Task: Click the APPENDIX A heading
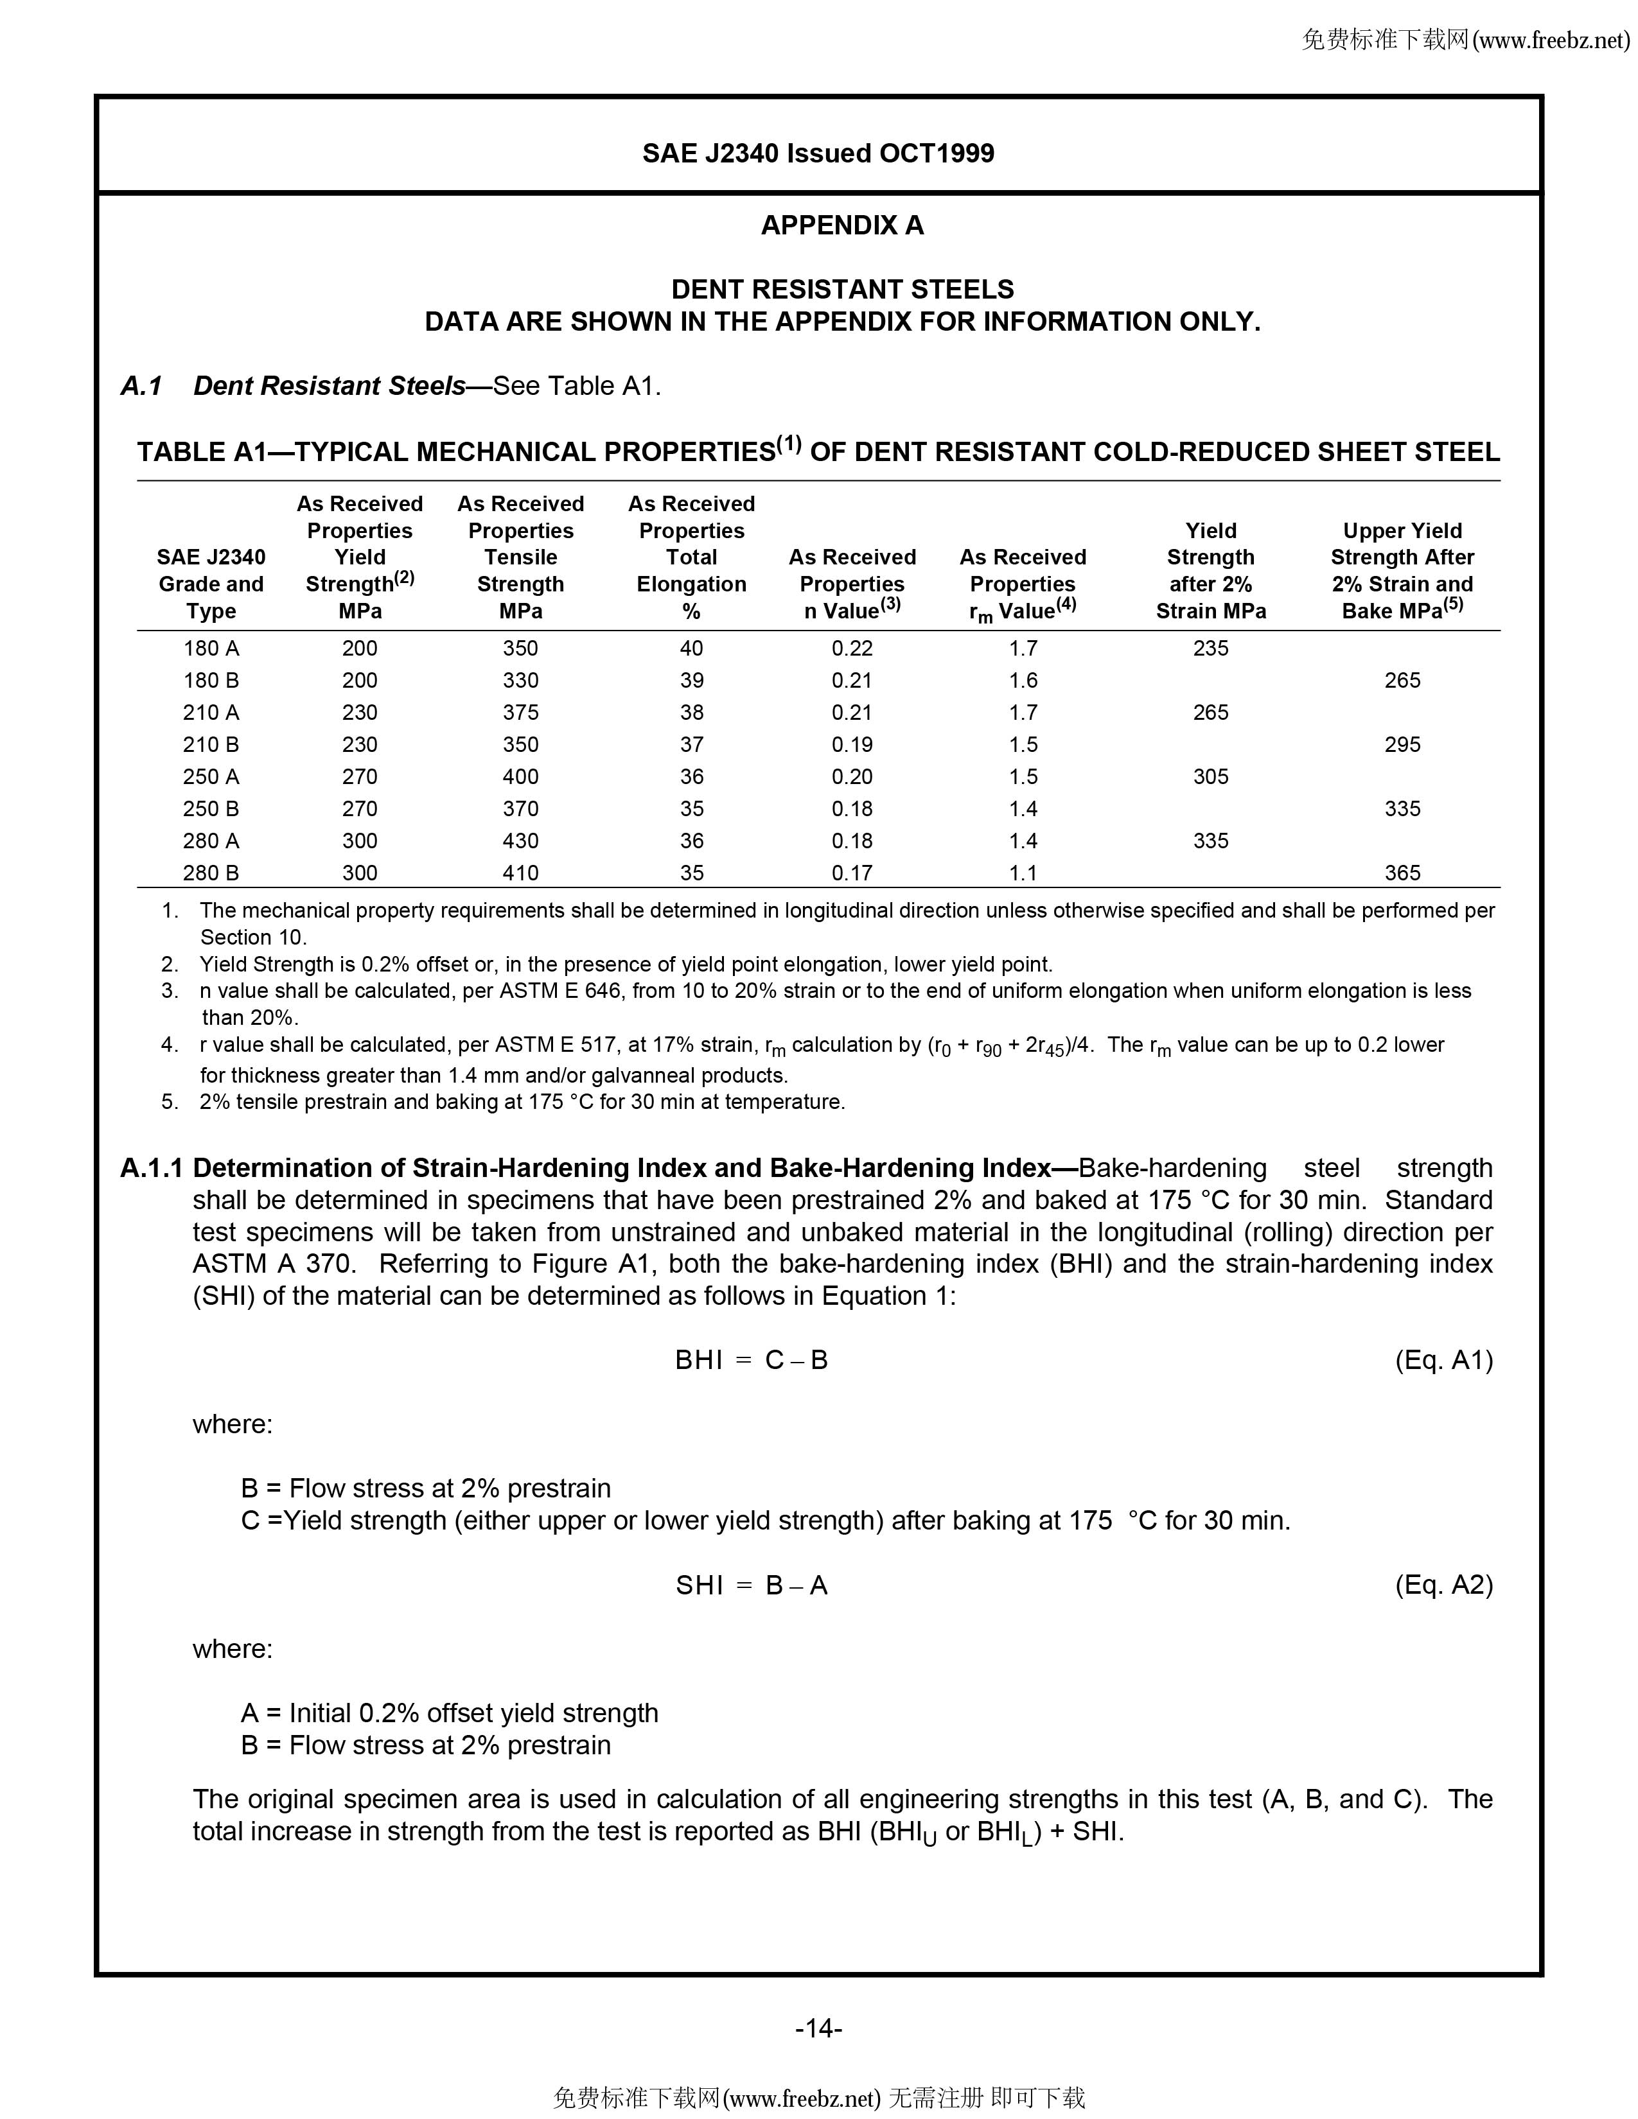tap(841, 225)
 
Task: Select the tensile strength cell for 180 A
tap(520, 648)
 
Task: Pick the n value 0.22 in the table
tap(851, 648)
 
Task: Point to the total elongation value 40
tap(691, 648)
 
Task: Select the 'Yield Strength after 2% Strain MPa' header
tap(1210, 570)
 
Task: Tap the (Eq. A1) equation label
tap(1443, 1359)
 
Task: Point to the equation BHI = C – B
tap(751, 1360)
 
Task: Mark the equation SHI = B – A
tap(751, 1585)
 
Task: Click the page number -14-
tap(818, 2028)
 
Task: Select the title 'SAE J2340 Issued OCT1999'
tap(818, 153)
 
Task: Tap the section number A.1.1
tap(152, 1168)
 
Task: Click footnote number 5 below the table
tap(170, 1102)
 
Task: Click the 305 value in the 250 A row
tap(1210, 776)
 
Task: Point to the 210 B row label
tap(211, 744)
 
